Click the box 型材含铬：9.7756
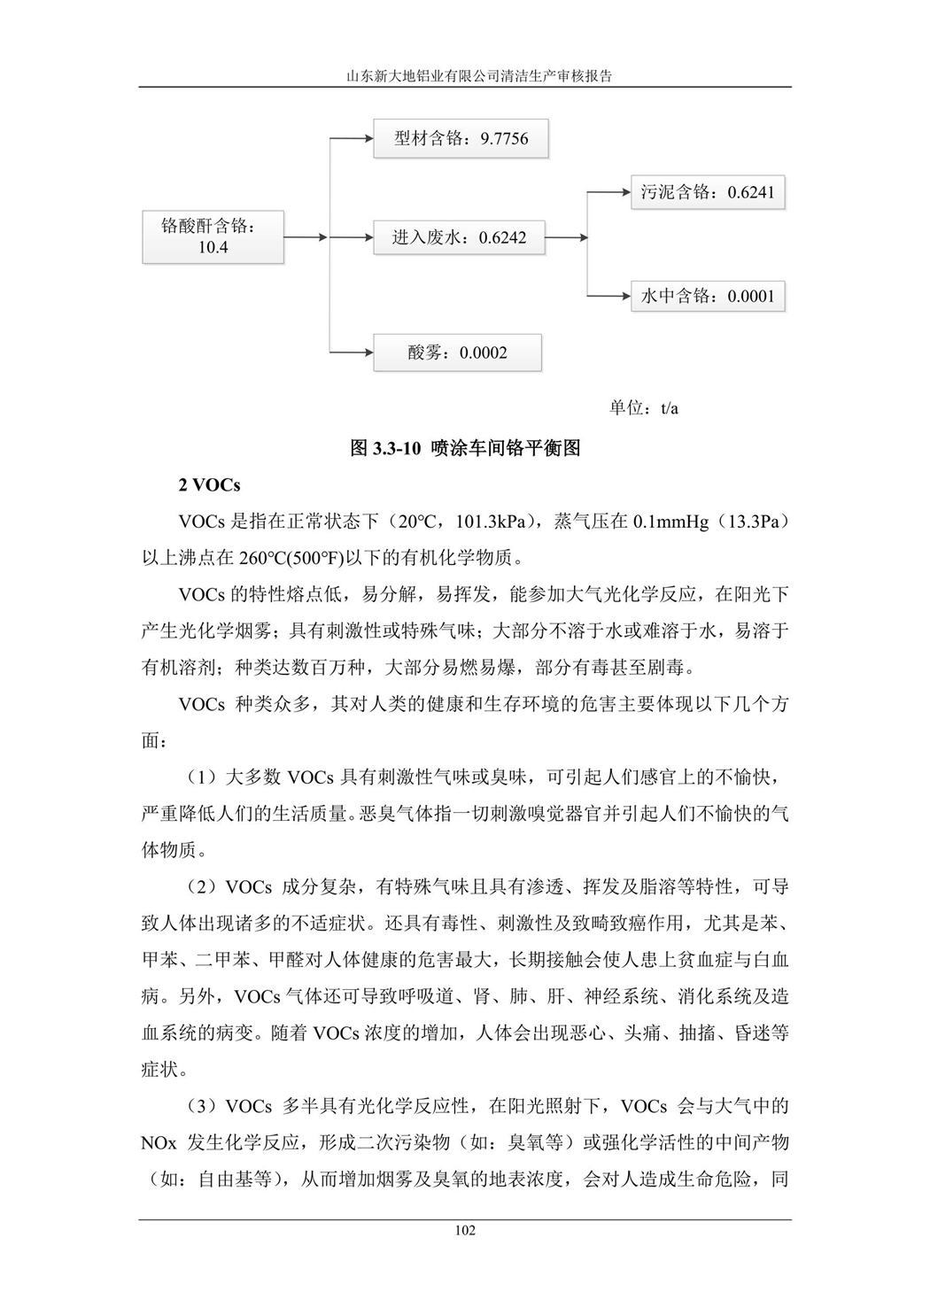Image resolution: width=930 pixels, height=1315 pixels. point(461,139)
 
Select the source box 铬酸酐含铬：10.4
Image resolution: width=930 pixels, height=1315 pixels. point(213,236)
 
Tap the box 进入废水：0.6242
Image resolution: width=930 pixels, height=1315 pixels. point(458,237)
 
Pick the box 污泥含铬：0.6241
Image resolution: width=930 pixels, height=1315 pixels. point(707,192)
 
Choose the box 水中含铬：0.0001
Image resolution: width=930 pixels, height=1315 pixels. point(707,297)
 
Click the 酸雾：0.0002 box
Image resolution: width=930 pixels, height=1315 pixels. point(457,352)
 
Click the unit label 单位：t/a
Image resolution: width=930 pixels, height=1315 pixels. point(644,408)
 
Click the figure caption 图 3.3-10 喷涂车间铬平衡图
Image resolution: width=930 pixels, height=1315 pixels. point(465,448)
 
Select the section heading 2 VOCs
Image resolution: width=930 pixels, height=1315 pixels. point(209,485)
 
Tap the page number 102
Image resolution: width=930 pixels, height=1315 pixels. point(464,1230)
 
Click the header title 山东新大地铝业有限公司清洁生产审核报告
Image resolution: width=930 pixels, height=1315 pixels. point(464,76)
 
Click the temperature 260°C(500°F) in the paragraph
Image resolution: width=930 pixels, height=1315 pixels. point(292,558)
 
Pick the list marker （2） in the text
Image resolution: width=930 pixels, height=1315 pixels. point(201,887)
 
